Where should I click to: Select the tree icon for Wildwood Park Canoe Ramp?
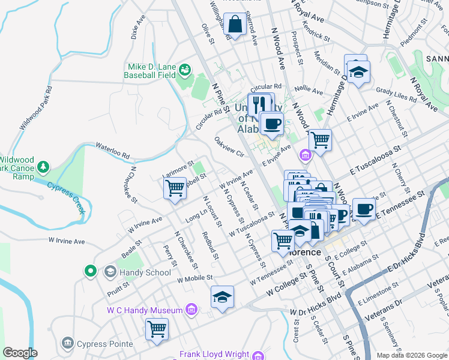pos(43,166)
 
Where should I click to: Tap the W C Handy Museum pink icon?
pos(191,310)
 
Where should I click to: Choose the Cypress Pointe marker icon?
pos(67,343)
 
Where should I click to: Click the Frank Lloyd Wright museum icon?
pos(258,355)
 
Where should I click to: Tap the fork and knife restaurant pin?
pos(259,104)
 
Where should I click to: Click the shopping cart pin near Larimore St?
pos(175,188)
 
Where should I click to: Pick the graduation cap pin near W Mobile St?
pos(222,297)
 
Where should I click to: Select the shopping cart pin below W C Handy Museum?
pos(157,329)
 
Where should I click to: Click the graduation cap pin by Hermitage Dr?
pos(358,73)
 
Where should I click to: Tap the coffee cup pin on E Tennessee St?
pos(364,209)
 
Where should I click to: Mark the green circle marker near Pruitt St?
pos(91,271)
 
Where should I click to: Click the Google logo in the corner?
pos(20,353)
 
